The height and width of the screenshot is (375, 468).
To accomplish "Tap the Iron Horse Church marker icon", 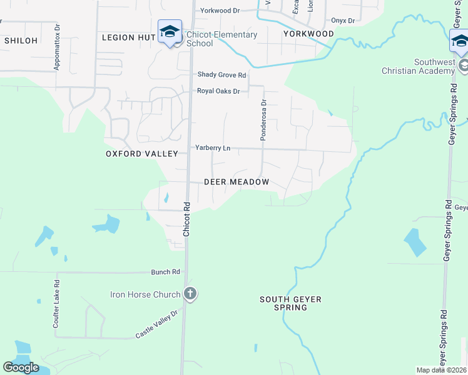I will [190, 294].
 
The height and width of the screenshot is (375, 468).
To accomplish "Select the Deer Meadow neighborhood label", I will [237, 182].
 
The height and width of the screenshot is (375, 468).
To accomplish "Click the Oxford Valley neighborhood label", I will [142, 153].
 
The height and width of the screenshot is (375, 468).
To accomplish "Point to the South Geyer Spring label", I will [291, 304].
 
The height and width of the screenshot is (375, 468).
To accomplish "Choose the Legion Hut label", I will [128, 37].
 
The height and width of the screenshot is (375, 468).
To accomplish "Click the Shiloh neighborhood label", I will [21, 40].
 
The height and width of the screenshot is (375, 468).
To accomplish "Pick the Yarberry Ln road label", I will [213, 148].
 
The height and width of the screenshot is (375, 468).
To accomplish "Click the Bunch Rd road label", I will [165, 272].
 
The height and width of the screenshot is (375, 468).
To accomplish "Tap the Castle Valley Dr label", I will [157, 325].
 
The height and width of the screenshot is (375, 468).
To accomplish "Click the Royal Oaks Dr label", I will [218, 91].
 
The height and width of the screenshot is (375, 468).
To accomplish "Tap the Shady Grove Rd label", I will [222, 74].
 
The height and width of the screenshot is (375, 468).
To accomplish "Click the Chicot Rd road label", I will [186, 219].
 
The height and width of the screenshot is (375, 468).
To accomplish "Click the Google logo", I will [21, 367].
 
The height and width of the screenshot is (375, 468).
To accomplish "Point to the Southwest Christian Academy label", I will [418, 66].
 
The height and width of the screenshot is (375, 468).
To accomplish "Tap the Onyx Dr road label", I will [343, 21].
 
